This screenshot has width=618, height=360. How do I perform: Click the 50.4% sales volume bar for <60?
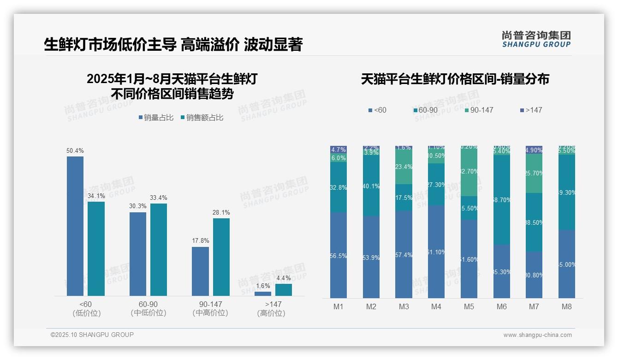[75, 226]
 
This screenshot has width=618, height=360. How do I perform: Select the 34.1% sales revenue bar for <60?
[96, 248]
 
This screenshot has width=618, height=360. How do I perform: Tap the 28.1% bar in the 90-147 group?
[221, 257]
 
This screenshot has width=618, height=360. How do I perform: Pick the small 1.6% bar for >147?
[263, 294]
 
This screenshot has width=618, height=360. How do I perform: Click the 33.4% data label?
[158, 198]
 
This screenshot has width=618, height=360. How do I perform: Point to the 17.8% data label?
[200, 241]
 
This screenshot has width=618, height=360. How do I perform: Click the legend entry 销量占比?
[156, 118]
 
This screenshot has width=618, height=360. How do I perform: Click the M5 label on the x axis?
[469, 306]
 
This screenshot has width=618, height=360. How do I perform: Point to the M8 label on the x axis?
[566, 306]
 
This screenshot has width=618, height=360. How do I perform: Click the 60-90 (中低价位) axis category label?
[148, 308]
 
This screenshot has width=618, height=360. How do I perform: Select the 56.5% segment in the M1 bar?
[339, 255]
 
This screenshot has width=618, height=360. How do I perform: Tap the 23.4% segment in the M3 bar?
[404, 167]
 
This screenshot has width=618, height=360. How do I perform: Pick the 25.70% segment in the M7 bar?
[534, 173]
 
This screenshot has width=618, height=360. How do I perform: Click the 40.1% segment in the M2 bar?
[371, 186]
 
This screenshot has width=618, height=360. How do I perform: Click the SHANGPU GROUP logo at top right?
[536, 39]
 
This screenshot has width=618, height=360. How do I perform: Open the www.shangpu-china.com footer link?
[537, 335]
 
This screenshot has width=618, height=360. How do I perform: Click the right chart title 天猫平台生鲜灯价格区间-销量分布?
[455, 79]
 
